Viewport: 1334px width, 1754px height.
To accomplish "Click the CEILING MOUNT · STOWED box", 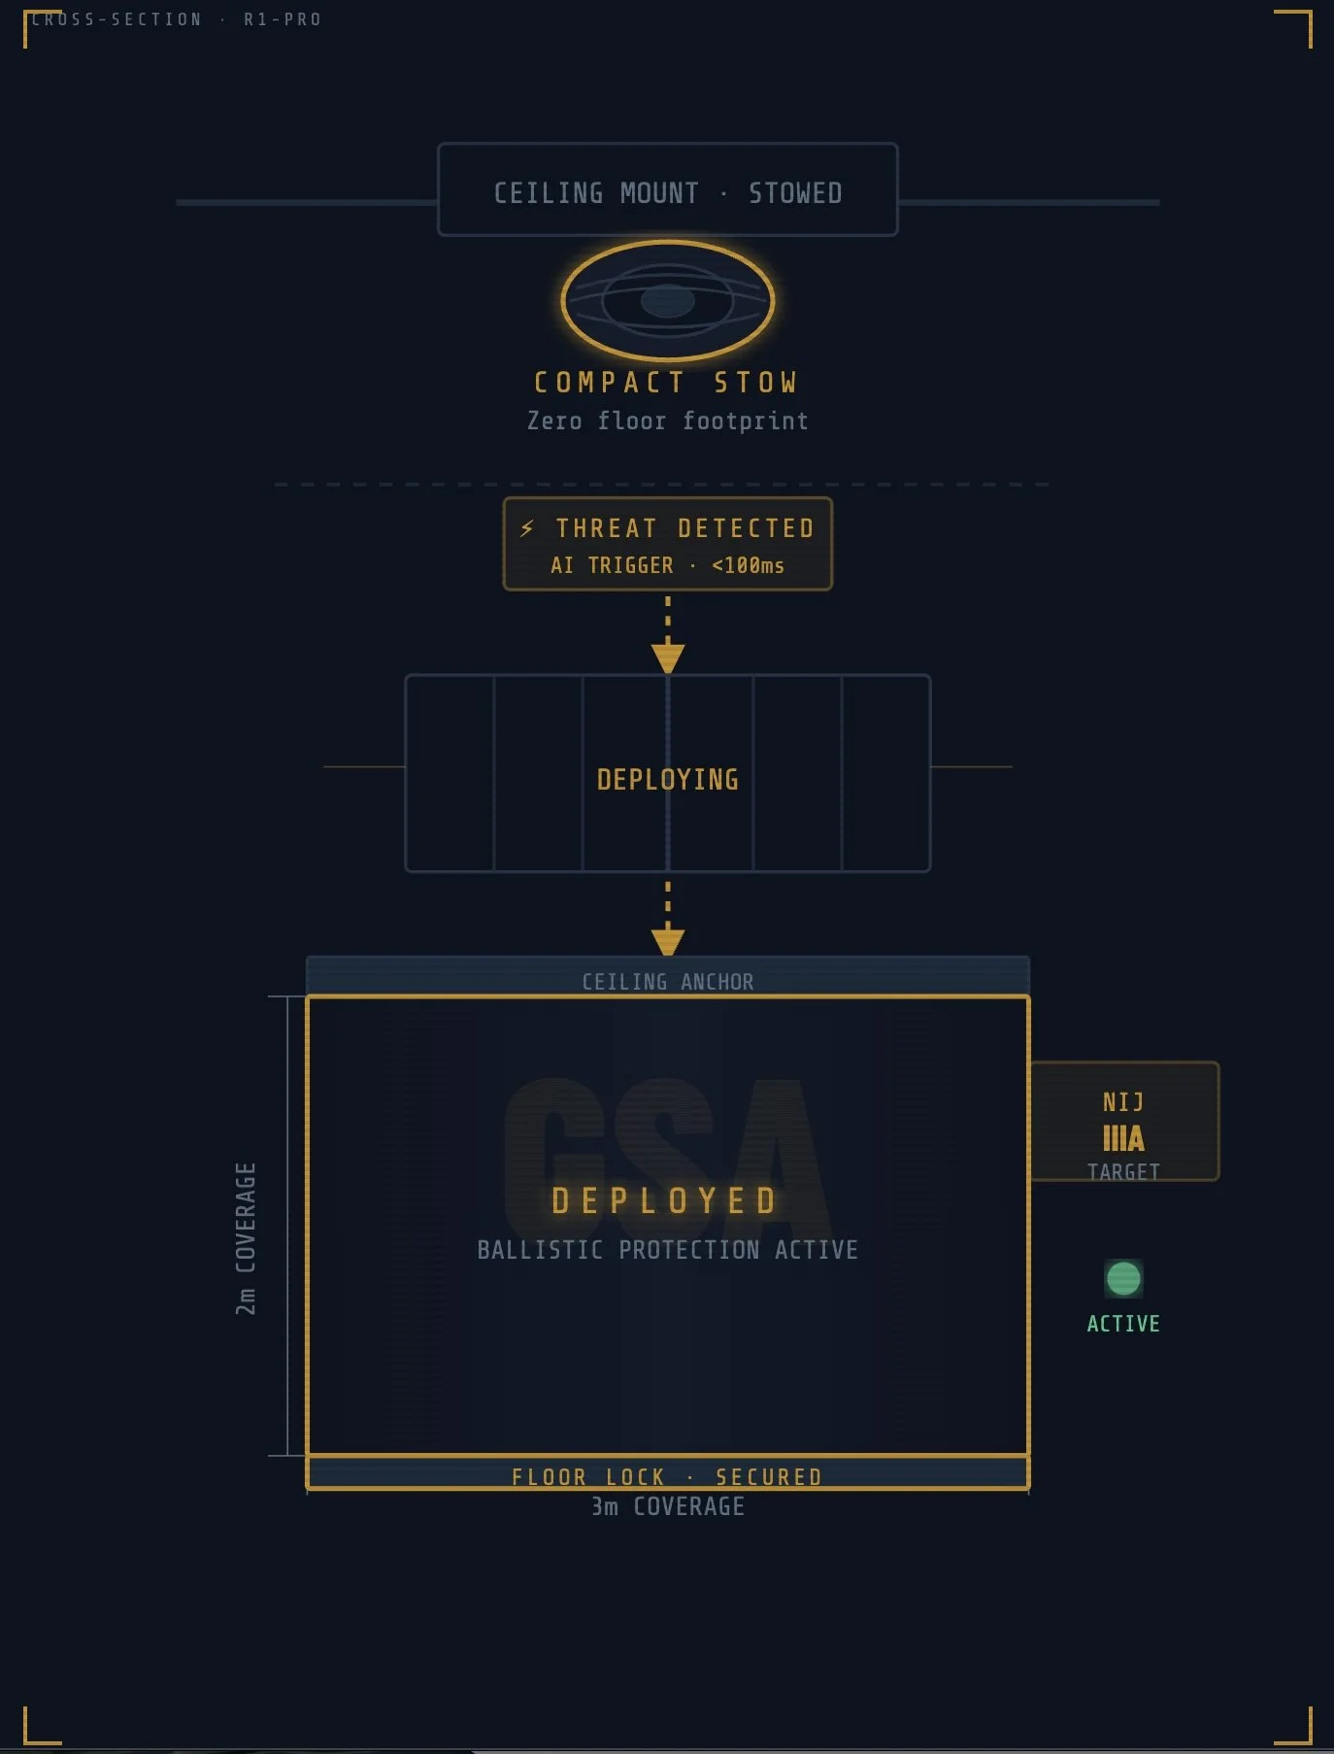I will [667, 191].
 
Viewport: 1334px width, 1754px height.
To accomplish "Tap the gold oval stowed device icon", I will [667, 300].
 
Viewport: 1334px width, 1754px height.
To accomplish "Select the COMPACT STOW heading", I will [665, 383].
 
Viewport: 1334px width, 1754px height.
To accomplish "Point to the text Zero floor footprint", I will [667, 421].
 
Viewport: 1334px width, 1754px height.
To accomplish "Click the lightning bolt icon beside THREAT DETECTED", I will [527, 528].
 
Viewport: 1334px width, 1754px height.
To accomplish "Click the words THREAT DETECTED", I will [684, 528].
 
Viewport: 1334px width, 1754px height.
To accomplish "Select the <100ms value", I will [748, 565].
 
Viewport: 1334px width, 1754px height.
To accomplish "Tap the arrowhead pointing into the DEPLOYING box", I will [667, 658].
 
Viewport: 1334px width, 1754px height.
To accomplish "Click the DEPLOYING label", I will [667, 779].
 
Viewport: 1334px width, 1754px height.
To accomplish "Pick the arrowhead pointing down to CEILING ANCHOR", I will [667, 942].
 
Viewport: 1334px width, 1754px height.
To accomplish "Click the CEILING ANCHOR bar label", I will [667, 981].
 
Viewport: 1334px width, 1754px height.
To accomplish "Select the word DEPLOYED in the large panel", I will [665, 1201].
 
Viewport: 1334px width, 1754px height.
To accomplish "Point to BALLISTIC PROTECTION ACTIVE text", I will [667, 1250].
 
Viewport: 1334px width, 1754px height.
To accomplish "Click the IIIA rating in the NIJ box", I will [1123, 1137].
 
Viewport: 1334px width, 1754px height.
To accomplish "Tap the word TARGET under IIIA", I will [1123, 1171].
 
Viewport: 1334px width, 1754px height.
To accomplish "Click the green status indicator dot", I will [1123, 1278].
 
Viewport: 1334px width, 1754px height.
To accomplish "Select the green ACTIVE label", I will [1123, 1324].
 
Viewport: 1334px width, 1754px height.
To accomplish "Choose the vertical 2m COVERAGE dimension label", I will [246, 1238].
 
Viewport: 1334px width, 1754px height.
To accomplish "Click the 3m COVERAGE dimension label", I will [667, 1506].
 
